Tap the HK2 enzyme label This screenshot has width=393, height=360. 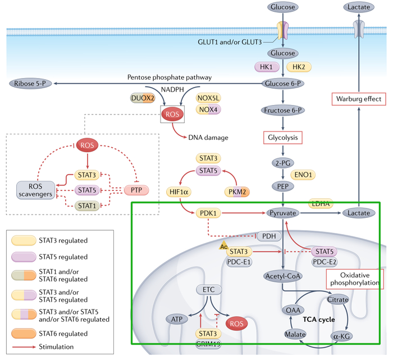[299, 67]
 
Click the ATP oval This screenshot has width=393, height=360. [177, 319]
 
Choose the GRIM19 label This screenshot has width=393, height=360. [208, 344]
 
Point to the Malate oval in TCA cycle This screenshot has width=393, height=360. [295, 335]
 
